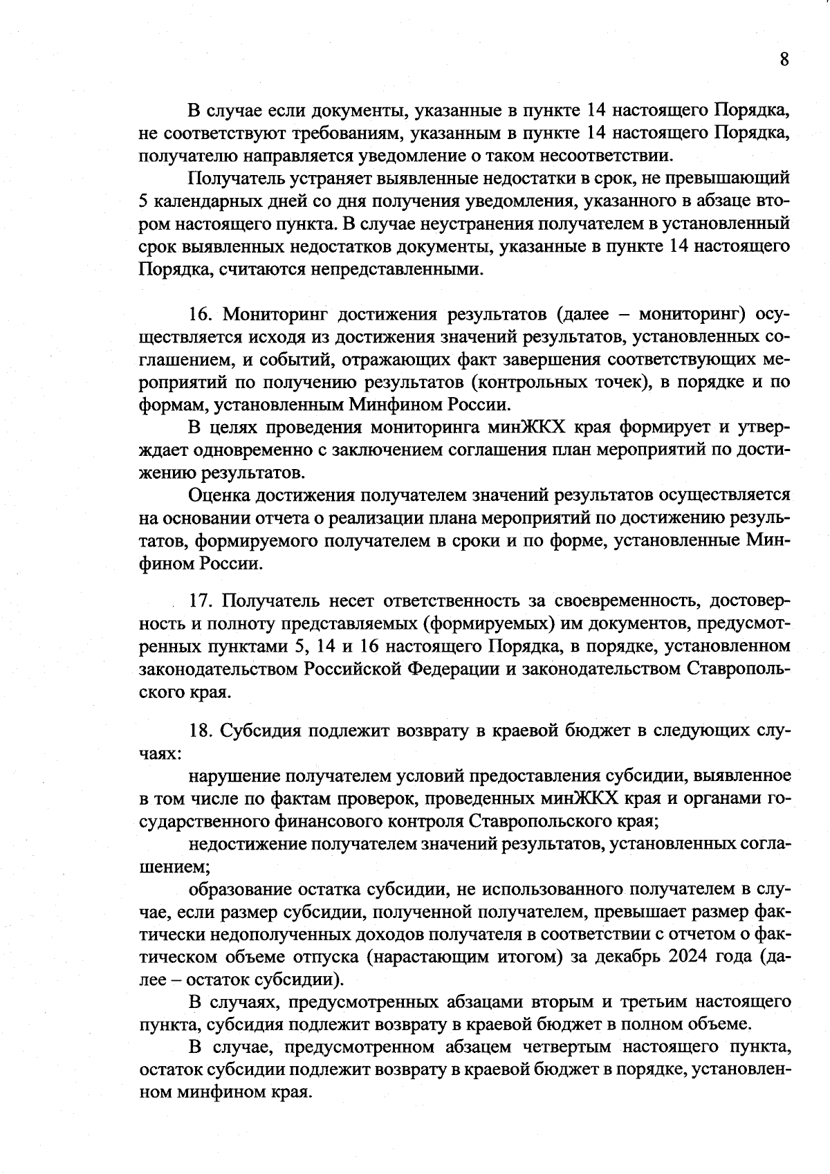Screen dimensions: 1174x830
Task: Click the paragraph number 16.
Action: pyautogui.click(x=201, y=314)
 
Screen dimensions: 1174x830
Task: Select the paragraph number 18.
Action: pyautogui.click(x=201, y=731)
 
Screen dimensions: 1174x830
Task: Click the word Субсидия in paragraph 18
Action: pyautogui.click(x=261, y=731)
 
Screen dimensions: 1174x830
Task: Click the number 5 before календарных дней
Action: pyautogui.click(x=143, y=201)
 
